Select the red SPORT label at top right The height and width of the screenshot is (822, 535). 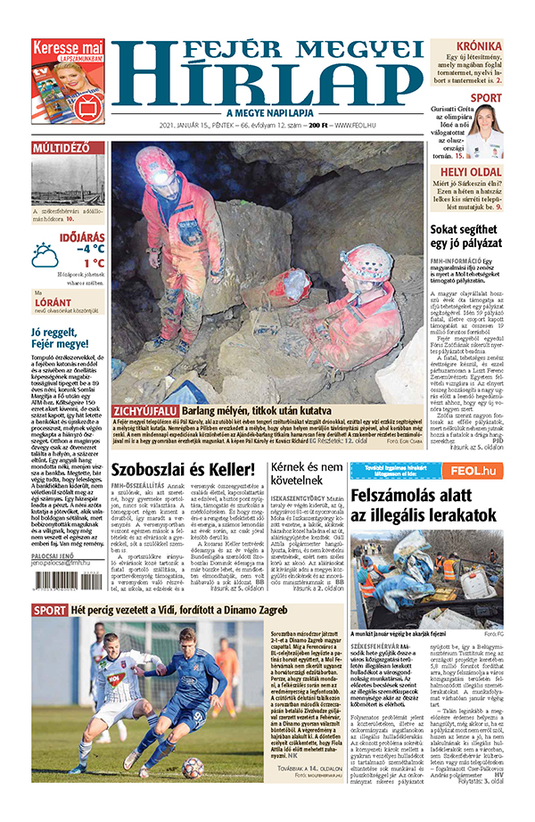coord(486,97)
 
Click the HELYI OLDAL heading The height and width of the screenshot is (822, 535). coord(472,170)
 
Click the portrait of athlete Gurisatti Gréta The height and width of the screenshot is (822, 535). coord(485,130)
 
